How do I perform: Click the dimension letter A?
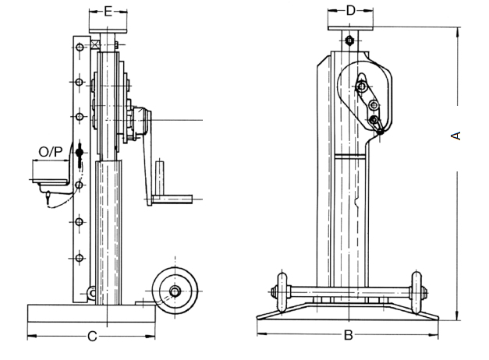[458, 135]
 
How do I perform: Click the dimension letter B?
[349, 336]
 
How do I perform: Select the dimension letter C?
[91, 337]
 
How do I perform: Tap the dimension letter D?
[350, 10]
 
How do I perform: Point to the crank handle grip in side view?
[161, 178]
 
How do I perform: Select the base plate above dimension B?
[349, 313]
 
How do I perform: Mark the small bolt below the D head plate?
[349, 41]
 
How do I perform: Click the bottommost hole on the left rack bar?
[79, 257]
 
